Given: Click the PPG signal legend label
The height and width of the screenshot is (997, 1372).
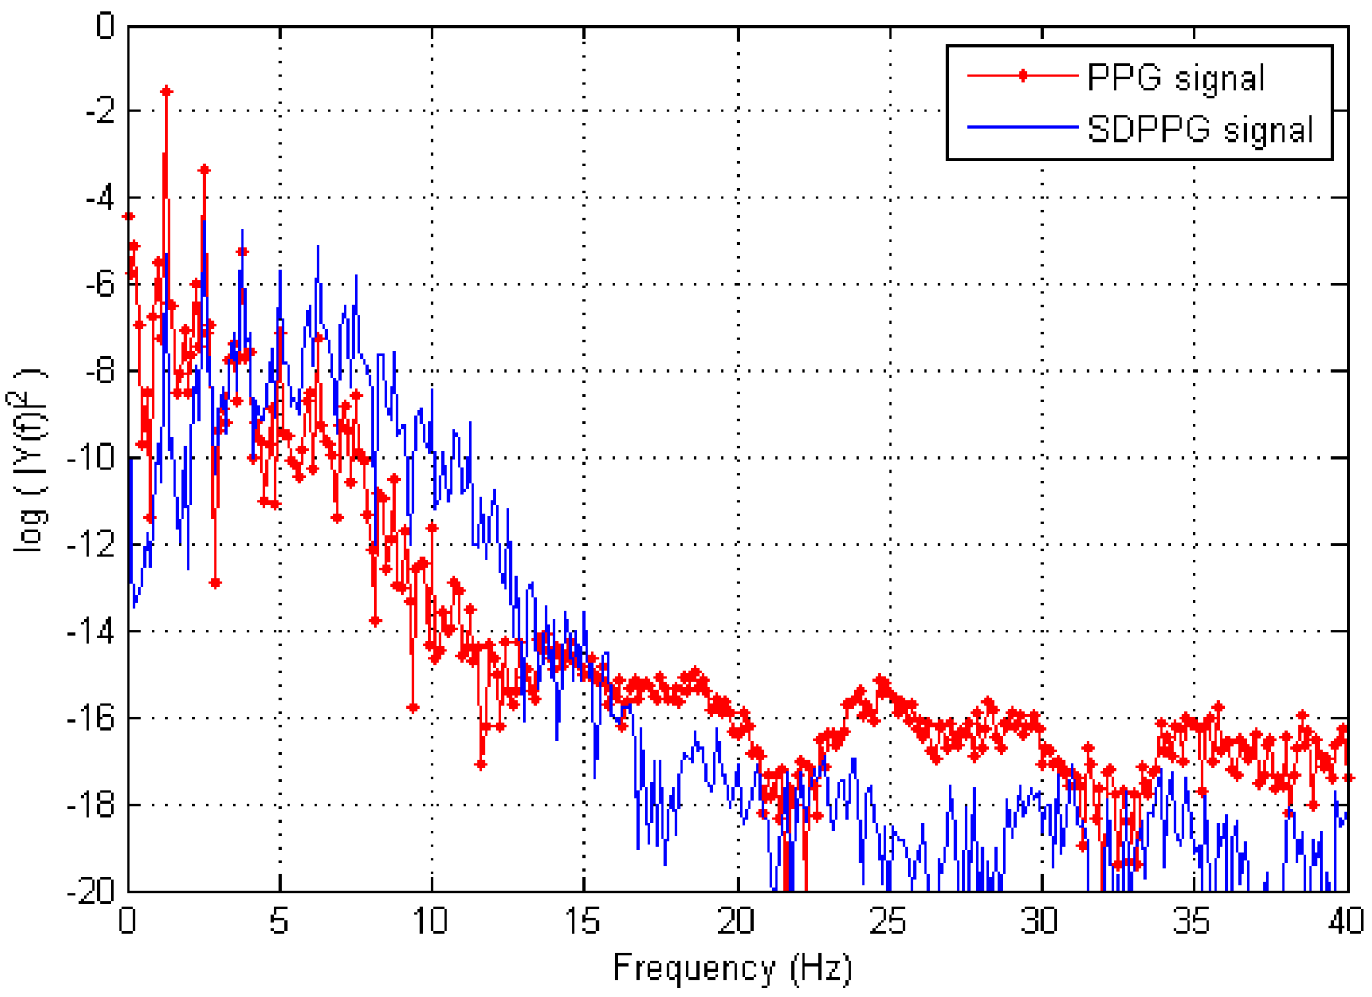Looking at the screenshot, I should [x=1175, y=79].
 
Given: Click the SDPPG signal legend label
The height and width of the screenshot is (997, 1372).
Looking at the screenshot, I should [x=1200, y=130].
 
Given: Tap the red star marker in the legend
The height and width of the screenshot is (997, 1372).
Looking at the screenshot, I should [x=1022, y=76].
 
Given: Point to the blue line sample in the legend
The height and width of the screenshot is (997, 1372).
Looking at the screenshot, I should [x=1022, y=127].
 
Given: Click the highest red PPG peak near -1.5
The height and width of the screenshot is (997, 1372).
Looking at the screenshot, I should [x=166, y=92].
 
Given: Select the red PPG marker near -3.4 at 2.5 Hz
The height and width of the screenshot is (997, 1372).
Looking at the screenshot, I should [x=204, y=170].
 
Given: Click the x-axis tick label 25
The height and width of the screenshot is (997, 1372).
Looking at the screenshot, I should [x=888, y=922].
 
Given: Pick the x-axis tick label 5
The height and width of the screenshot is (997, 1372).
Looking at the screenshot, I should [x=279, y=922].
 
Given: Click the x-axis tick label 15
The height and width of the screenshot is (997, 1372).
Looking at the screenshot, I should [x=583, y=922].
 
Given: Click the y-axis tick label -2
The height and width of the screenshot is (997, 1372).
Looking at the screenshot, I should [x=100, y=111].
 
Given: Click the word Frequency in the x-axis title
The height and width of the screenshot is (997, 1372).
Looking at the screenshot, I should [x=693, y=968].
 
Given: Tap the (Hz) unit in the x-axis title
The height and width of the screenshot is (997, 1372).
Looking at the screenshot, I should [x=821, y=968].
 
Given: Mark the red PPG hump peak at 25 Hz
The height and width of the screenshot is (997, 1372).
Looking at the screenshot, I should [x=881, y=681].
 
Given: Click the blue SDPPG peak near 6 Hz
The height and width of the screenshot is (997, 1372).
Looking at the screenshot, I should [x=318, y=247].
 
